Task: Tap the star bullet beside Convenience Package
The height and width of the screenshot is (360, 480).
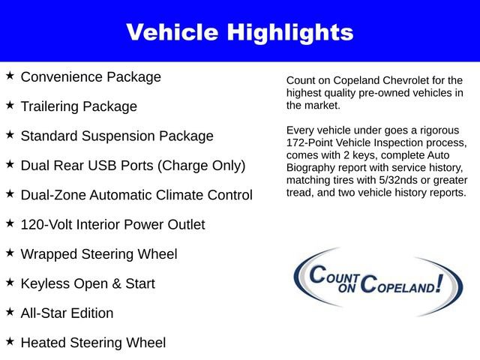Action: click(x=10, y=76)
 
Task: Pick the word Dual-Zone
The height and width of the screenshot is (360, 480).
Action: click(x=53, y=195)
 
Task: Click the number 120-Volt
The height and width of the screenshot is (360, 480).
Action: click(x=47, y=224)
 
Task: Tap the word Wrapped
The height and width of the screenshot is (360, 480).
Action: click(x=48, y=254)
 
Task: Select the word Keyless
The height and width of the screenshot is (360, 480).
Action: click(x=45, y=283)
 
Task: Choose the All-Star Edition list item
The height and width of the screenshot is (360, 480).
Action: click(x=67, y=313)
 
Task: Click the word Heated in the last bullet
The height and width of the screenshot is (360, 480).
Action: click(x=43, y=343)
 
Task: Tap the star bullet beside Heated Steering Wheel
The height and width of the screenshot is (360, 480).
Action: click(x=10, y=341)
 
